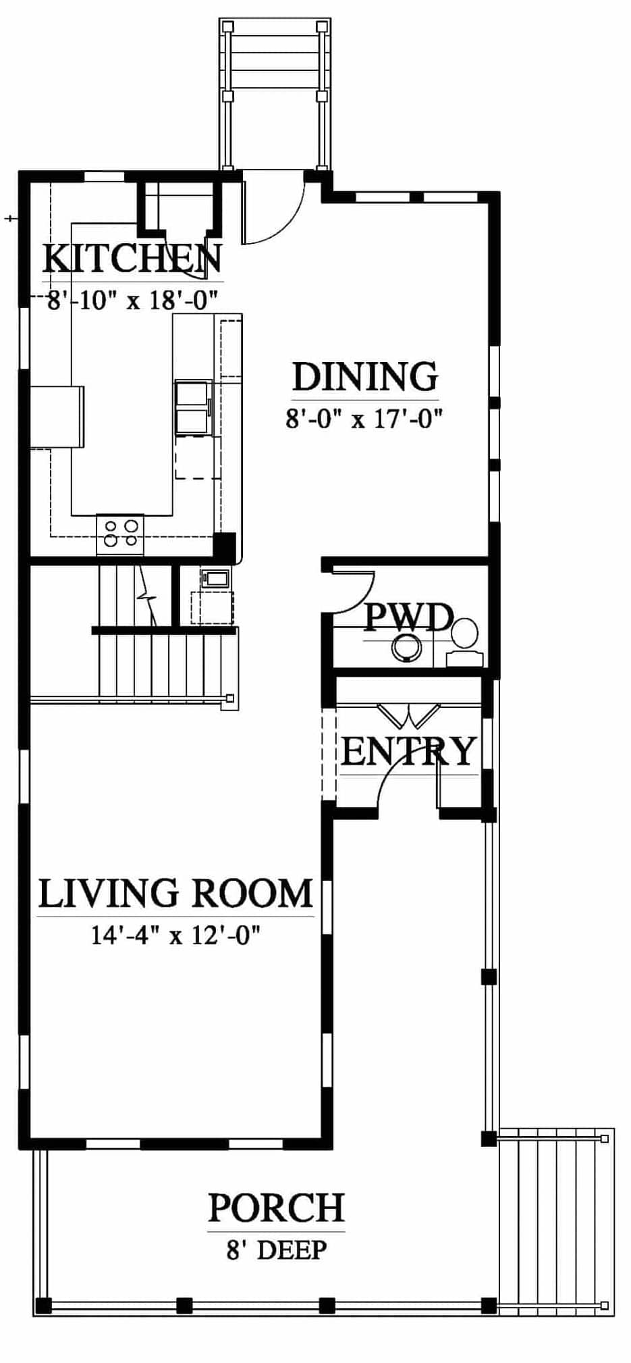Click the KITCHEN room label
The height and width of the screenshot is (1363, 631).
click(132, 259)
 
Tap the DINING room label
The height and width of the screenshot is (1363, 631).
click(365, 376)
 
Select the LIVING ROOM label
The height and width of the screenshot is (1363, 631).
click(175, 893)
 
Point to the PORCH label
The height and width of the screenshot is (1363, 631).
click(276, 1208)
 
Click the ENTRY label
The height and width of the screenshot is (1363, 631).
click(409, 751)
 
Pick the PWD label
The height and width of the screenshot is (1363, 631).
click(408, 616)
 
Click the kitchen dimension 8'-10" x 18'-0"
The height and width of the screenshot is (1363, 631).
click(132, 299)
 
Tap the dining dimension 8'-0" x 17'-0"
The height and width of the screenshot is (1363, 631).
click(364, 419)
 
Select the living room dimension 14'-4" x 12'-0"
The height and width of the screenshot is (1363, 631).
click(175, 935)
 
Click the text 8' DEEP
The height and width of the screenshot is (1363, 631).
click(276, 1250)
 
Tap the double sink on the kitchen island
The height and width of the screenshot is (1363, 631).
click(194, 407)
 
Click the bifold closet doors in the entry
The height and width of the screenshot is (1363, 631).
click(408, 716)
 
